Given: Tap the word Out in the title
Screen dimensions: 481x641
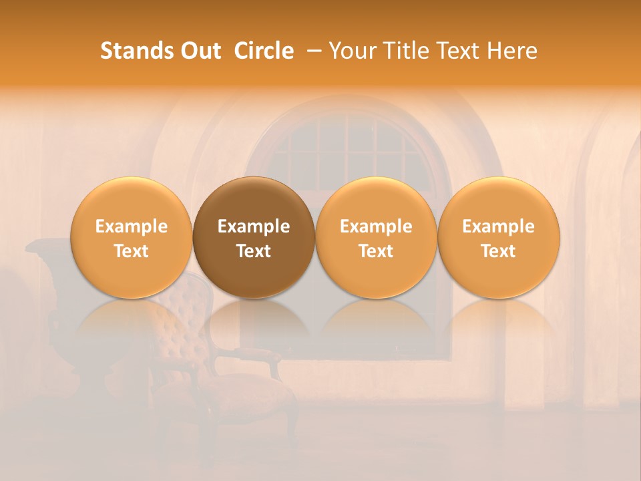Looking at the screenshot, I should (x=199, y=51).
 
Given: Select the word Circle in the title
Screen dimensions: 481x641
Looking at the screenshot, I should (x=264, y=51).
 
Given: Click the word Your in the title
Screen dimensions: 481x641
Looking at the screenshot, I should (x=351, y=51).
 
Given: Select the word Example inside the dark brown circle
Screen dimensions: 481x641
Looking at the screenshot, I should (x=254, y=226).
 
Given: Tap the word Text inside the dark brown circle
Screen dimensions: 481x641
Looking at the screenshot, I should (x=254, y=251).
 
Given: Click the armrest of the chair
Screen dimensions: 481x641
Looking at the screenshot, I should (x=257, y=354).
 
